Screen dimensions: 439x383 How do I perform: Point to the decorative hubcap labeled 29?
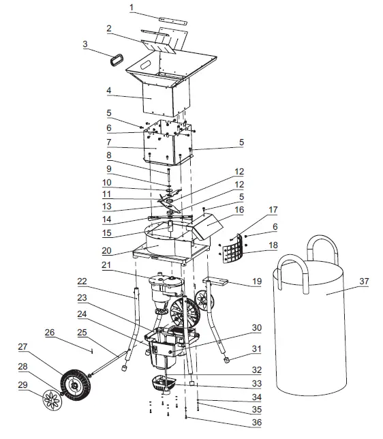pos(51,397)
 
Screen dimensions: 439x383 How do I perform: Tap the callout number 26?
pos(48,333)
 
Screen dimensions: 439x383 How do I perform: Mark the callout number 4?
pos(108,89)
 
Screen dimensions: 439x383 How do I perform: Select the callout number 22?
pos(81,281)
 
